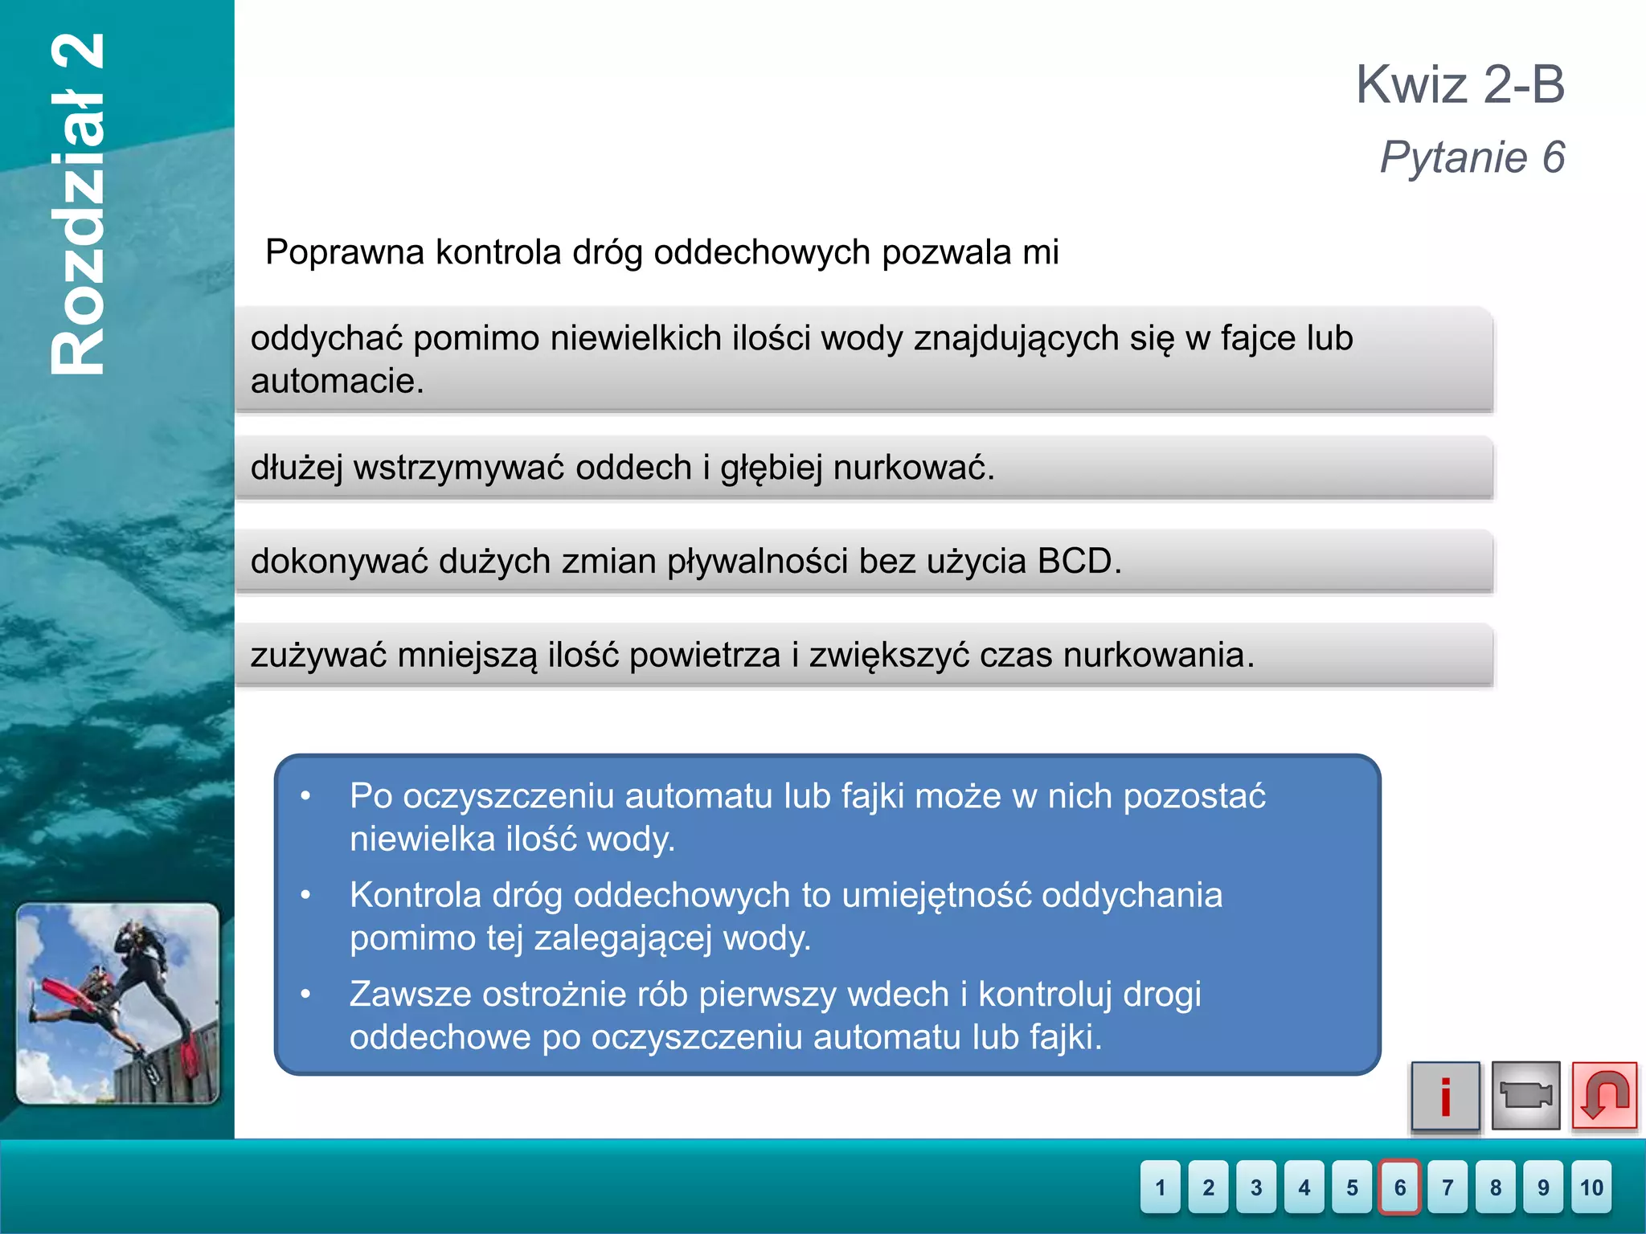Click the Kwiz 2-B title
[1460, 84]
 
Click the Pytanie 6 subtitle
[1472, 157]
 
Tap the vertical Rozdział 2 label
[78, 205]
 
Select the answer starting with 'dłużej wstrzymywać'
[864, 468]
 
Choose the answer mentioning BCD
[864, 562]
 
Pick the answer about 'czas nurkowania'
[864, 656]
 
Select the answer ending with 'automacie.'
[864, 359]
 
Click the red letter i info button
[1445, 1096]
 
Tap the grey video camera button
[1525, 1096]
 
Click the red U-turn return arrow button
[1604, 1096]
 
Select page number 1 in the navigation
[1160, 1187]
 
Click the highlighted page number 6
[1399, 1187]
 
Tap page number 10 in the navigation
[1591, 1187]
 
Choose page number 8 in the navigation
[1495, 1187]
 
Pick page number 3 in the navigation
[1255, 1187]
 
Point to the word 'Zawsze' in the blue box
[410, 995]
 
